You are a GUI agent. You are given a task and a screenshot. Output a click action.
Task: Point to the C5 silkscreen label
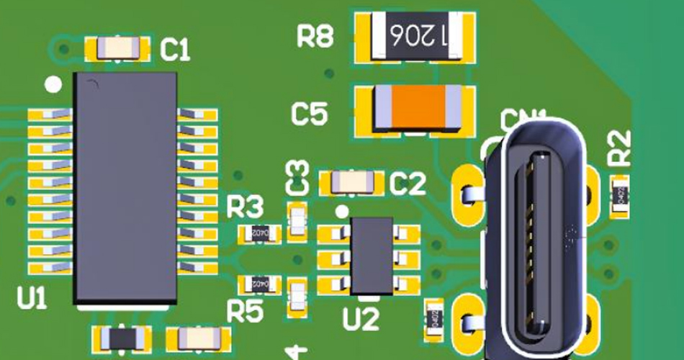[x=310, y=114]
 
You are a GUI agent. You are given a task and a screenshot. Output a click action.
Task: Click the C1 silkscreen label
[x=175, y=50]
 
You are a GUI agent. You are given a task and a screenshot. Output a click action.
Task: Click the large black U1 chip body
[x=125, y=187]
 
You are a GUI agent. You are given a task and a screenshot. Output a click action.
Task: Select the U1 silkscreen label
[x=32, y=297]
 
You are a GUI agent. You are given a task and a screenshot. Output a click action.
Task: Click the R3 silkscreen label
[x=246, y=208]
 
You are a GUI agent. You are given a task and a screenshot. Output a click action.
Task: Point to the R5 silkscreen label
[x=245, y=312]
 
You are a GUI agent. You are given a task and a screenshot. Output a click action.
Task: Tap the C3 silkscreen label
[x=297, y=177]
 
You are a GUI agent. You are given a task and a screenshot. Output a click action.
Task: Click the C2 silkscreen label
[x=408, y=185]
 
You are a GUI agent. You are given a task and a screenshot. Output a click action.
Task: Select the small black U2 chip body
[x=371, y=256]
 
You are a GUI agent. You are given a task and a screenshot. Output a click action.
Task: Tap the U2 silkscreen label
[x=361, y=318]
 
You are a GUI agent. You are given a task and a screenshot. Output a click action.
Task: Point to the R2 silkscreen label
[x=619, y=147]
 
